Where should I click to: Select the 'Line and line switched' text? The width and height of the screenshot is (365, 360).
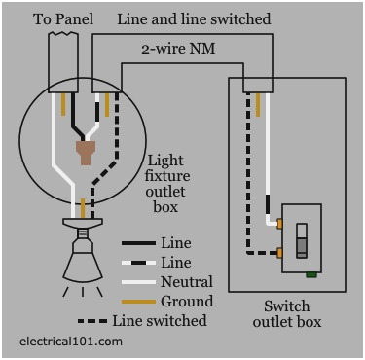pyautogui.click(x=194, y=18)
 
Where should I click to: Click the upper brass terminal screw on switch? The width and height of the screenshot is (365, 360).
pyautogui.click(x=280, y=225)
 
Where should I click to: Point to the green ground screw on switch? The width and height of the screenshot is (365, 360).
pyautogui.click(x=309, y=274)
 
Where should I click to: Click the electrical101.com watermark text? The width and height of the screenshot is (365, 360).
pyautogui.click(x=71, y=342)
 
